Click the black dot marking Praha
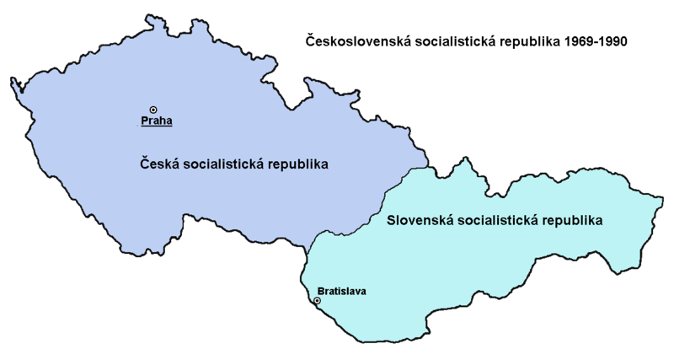click(153, 109)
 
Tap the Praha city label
click(157, 121)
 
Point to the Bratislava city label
click(342, 292)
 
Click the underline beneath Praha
click(157, 127)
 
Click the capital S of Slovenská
click(391, 221)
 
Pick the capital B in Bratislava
click(320, 292)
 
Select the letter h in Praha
click(163, 121)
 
